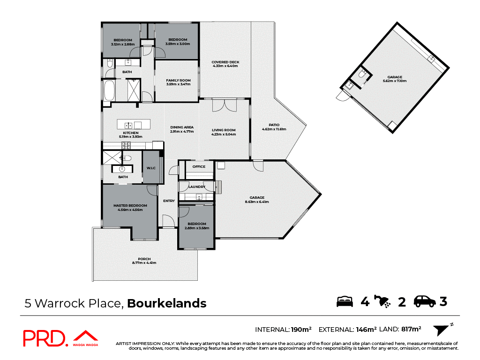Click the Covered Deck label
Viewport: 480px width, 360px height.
pos(225,62)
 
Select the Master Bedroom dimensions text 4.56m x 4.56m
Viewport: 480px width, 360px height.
pos(130,210)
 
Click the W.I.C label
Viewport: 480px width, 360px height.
pos(151,168)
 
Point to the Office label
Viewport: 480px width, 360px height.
pos(199,166)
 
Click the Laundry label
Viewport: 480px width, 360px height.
pos(197,187)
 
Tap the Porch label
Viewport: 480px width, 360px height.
pos(144,259)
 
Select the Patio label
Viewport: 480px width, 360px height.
pos(274,125)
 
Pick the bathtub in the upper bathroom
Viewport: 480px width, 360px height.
pos(109,90)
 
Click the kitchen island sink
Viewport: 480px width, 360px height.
pos(127,125)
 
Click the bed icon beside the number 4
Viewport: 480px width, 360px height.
pos(345,301)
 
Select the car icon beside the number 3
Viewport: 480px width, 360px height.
pos(425,301)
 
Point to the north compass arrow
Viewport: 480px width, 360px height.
pos(441,330)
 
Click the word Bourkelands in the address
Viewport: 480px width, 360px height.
pos(167,303)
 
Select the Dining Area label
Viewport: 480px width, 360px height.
pos(182,127)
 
